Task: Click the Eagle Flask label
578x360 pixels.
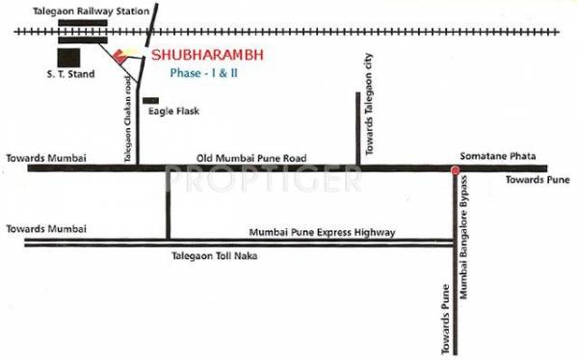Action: point(172,111)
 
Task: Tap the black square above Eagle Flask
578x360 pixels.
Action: point(150,99)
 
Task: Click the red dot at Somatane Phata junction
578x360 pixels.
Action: point(454,170)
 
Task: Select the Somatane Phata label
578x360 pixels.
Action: point(497,156)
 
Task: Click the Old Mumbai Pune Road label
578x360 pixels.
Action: point(251,157)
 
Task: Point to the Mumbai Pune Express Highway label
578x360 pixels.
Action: point(322,232)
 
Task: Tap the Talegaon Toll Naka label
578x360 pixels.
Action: point(215,257)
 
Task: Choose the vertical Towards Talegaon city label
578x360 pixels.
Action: point(367,97)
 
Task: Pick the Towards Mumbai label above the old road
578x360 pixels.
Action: point(46,157)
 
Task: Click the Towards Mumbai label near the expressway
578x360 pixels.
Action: point(46,229)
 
